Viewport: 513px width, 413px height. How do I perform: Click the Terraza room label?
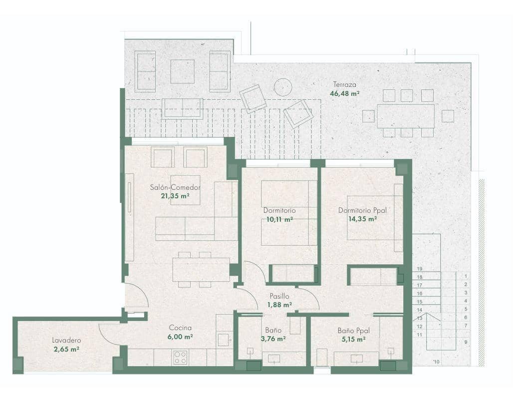point(345,85)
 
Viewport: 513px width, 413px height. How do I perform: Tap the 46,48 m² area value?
point(345,93)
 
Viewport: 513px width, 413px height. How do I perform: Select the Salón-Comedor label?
point(175,188)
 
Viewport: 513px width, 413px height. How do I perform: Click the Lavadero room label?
point(66,341)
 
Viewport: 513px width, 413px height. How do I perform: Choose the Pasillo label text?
point(279,296)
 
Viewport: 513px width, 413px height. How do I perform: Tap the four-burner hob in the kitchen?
point(180,357)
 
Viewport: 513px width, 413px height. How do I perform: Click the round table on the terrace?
point(283,87)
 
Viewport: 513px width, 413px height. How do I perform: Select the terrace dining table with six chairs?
point(405,116)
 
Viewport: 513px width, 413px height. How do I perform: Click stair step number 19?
point(420,269)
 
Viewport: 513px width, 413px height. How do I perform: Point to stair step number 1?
point(465,276)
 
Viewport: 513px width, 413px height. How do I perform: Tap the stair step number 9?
point(465,343)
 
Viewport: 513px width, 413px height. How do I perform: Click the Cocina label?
point(180,328)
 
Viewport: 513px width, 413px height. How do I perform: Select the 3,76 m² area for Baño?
point(273,339)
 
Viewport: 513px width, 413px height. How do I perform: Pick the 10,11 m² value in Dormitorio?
point(280,219)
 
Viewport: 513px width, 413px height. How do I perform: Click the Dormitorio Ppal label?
point(363,210)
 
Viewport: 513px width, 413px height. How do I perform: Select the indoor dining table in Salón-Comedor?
point(201,270)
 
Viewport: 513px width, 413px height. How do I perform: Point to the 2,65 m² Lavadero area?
point(66,349)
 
